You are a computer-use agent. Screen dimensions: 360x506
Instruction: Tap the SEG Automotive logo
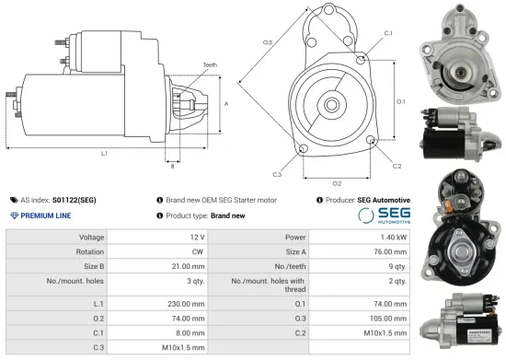pyautogui.click(x=383, y=214)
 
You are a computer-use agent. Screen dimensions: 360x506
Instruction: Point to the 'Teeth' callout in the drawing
pyautogui.click(x=211, y=64)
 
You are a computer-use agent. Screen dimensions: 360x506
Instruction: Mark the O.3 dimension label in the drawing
pyautogui.click(x=267, y=42)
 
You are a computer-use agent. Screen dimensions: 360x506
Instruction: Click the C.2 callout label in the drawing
pyautogui.click(x=397, y=167)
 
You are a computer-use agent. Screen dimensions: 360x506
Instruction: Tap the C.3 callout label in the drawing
pyautogui.click(x=277, y=173)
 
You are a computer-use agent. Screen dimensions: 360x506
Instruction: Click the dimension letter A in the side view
pyautogui.click(x=226, y=104)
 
